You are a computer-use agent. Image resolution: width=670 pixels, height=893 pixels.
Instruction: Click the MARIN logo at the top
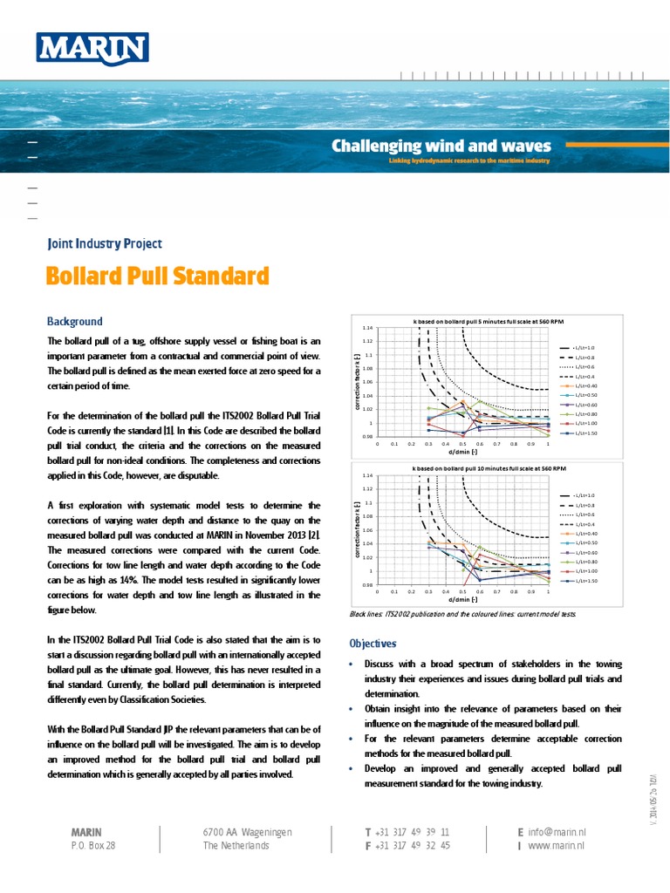point(92,50)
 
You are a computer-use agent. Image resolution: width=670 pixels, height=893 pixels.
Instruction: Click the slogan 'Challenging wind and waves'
point(441,145)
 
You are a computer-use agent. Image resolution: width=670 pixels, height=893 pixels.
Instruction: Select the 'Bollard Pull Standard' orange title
point(157,277)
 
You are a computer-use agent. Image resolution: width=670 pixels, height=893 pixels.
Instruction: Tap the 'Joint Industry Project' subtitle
point(104,244)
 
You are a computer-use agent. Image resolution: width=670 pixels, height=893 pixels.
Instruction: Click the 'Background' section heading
point(74,322)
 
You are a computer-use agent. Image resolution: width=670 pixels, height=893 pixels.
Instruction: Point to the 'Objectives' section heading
point(373,644)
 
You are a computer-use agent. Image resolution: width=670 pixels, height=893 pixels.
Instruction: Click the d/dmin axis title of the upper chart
point(462,452)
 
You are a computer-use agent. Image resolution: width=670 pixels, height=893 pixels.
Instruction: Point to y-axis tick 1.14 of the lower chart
point(368,476)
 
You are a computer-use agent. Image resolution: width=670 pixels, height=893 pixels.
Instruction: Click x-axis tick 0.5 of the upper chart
point(462,443)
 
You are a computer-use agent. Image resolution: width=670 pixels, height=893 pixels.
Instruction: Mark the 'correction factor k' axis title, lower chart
point(359,530)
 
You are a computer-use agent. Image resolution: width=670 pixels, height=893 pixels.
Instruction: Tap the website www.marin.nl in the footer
point(556,845)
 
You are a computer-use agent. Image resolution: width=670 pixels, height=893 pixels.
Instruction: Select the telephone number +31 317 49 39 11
point(413,832)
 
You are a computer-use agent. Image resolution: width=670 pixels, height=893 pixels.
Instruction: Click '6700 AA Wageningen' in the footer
point(247,832)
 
